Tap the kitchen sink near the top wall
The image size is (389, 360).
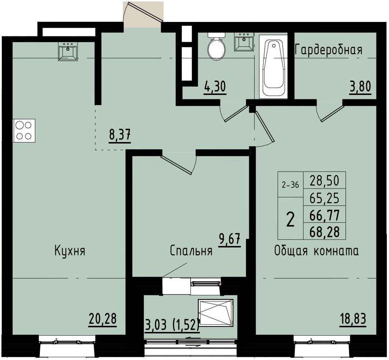[68, 51]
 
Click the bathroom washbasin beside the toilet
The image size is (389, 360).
[244, 42]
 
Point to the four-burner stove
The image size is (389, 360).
[24, 131]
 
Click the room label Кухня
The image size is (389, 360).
[70, 250]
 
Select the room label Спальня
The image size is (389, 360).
[191, 251]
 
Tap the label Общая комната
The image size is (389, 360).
[316, 251]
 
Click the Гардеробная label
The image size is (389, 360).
[328, 50]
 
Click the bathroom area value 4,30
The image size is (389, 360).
[215, 87]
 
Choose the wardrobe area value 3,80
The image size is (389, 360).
[360, 87]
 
